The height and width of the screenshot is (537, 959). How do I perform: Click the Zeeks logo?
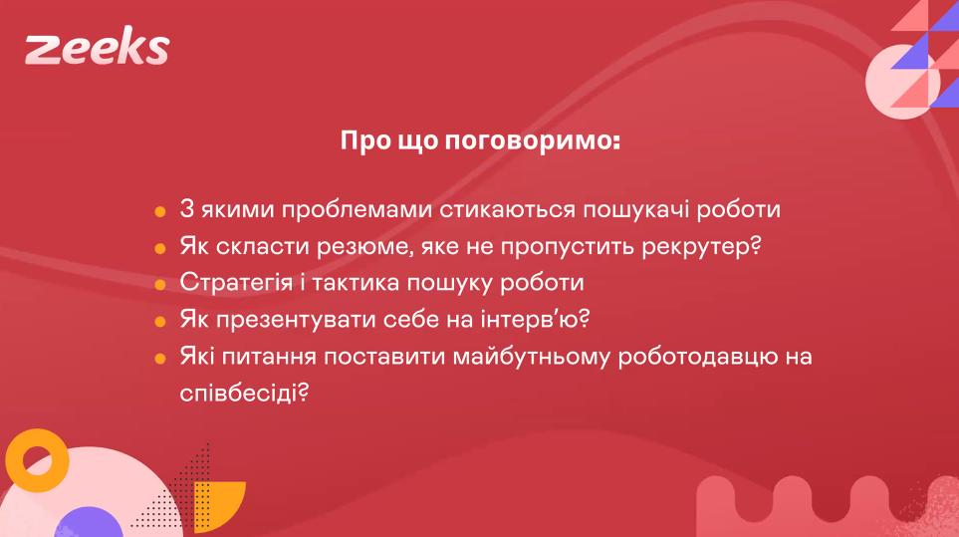click(x=97, y=49)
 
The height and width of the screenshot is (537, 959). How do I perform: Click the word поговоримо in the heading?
click(x=532, y=141)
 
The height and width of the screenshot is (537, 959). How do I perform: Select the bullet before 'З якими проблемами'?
click(x=160, y=211)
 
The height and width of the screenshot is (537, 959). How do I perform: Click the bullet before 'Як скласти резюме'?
click(x=160, y=248)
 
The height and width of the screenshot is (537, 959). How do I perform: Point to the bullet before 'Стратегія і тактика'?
click(x=160, y=284)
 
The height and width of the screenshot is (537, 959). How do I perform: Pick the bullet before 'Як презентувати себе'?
click(x=160, y=321)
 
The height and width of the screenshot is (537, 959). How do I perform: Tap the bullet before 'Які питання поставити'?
click(x=160, y=358)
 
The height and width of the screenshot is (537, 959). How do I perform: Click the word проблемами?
click(x=357, y=210)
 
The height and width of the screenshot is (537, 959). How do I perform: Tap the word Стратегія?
click(x=236, y=283)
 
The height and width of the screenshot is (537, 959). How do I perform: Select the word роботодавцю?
click(x=697, y=357)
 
